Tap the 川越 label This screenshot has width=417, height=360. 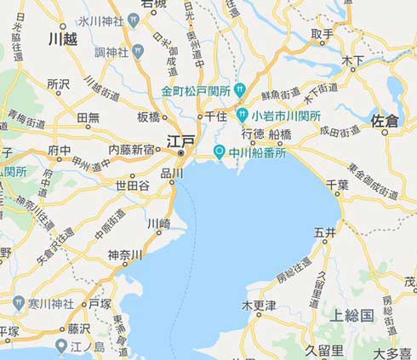tap(62, 39)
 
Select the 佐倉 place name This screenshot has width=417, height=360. tap(385, 122)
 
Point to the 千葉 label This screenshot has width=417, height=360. tap(338, 184)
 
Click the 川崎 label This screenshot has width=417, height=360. tap(159, 224)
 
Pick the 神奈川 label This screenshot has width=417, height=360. tap(125, 254)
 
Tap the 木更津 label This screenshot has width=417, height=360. tap(259, 305)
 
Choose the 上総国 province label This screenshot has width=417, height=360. tap(351, 315)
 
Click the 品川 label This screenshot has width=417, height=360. tap(172, 173)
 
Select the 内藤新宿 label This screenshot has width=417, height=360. tap(131, 150)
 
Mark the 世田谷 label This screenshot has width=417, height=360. tap(132, 185)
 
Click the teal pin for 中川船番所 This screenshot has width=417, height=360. tap(219, 152)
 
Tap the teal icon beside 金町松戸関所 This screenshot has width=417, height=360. tap(241, 89)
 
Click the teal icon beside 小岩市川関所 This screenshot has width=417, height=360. tap(243, 115)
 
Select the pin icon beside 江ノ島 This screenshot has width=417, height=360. tap(61, 345)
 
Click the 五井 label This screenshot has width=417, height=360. tap(324, 231)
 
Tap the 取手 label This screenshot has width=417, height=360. tap(322, 34)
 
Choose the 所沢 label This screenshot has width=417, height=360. tap(58, 84)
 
